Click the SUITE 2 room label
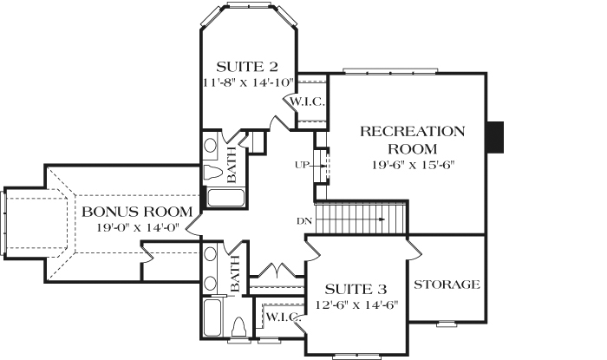(247, 66)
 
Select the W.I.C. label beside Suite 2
(307, 102)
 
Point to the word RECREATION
(412, 132)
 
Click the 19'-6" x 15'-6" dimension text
(413, 164)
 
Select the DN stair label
(303, 220)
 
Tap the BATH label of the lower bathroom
(235, 278)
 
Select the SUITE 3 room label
(355, 289)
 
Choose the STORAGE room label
(447, 285)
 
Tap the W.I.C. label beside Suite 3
(282, 317)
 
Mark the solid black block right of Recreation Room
(495, 136)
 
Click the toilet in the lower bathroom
(240, 330)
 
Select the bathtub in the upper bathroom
(225, 199)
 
